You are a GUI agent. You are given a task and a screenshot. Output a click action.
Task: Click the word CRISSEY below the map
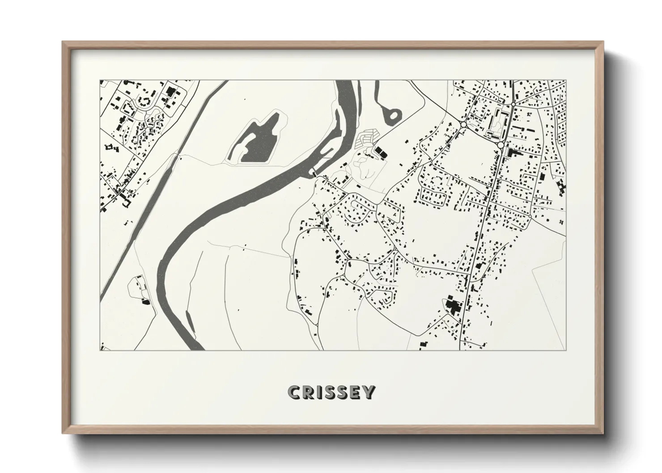coord(331,392)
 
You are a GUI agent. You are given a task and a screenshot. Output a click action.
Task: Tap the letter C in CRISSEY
coord(294,392)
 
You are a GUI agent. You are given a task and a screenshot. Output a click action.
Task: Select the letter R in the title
coord(307,392)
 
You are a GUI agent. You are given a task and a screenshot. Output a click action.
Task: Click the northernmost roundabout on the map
coord(513,104)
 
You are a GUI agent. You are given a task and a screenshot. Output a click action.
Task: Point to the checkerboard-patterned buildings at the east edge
coord(560,186)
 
